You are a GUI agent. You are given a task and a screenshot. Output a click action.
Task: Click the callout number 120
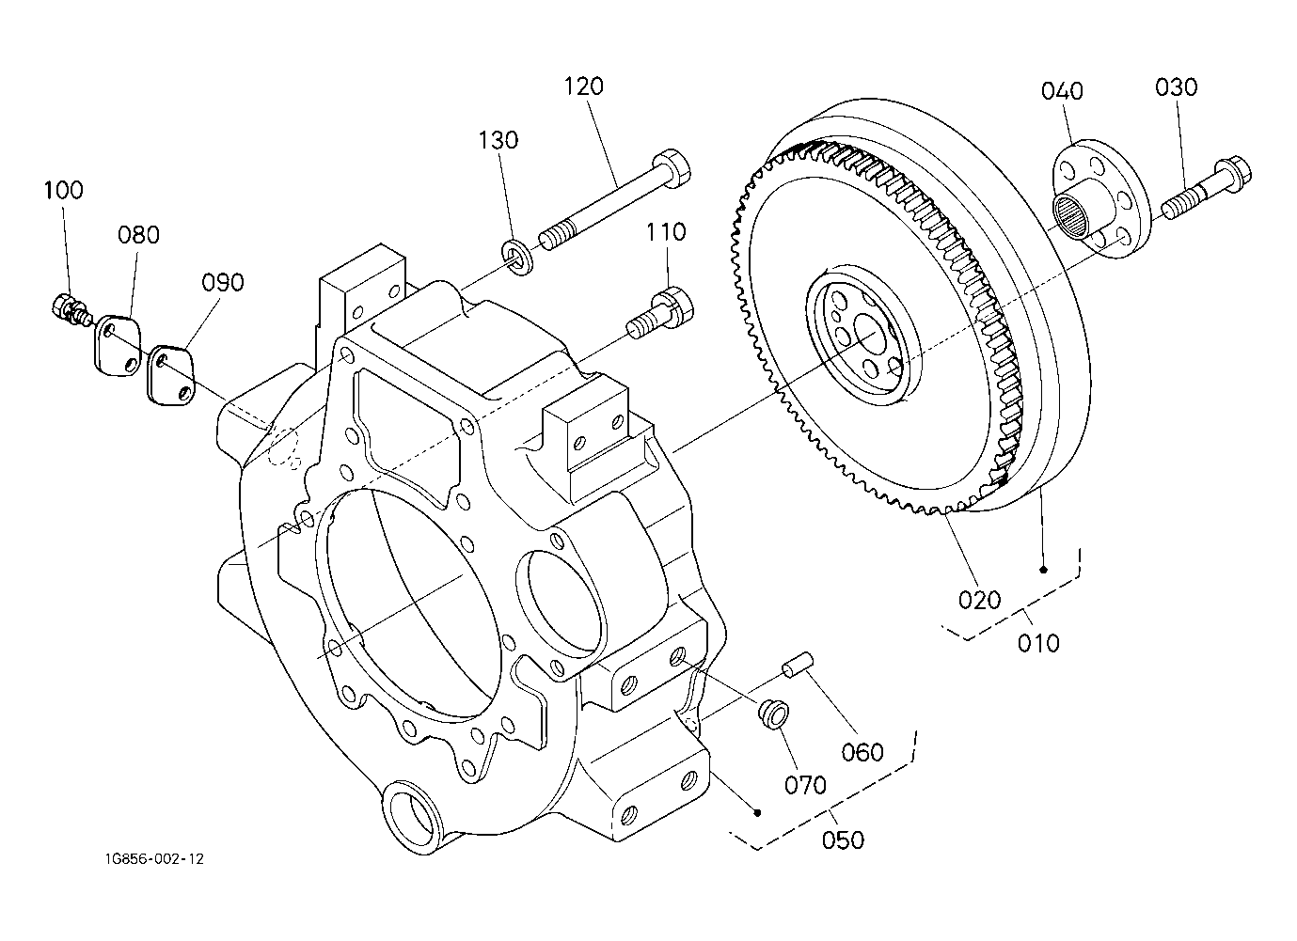coord(584,86)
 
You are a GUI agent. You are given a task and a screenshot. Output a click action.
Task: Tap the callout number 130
coord(498,140)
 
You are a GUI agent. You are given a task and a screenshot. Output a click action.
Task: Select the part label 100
coord(64,190)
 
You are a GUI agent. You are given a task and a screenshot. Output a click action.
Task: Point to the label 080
coord(138,235)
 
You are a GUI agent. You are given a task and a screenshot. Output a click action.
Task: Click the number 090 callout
coord(223,282)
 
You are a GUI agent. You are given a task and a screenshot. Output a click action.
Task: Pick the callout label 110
coord(666,232)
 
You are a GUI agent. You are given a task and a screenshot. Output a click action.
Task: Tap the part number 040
coord(1062,91)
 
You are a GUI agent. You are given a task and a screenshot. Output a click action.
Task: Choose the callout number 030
coord(1176,87)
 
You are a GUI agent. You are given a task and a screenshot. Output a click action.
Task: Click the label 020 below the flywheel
coord(980,600)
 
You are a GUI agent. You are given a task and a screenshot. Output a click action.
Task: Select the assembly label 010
coord(1038,644)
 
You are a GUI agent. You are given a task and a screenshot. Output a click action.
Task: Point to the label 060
coord(862,752)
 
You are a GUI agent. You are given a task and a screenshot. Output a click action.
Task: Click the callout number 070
coord(805,785)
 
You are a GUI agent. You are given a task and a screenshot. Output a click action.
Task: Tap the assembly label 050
coord(843,839)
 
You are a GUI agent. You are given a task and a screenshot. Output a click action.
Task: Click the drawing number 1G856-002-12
coord(154,859)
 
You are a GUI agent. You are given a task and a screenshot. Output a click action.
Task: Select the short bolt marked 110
coord(660,313)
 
